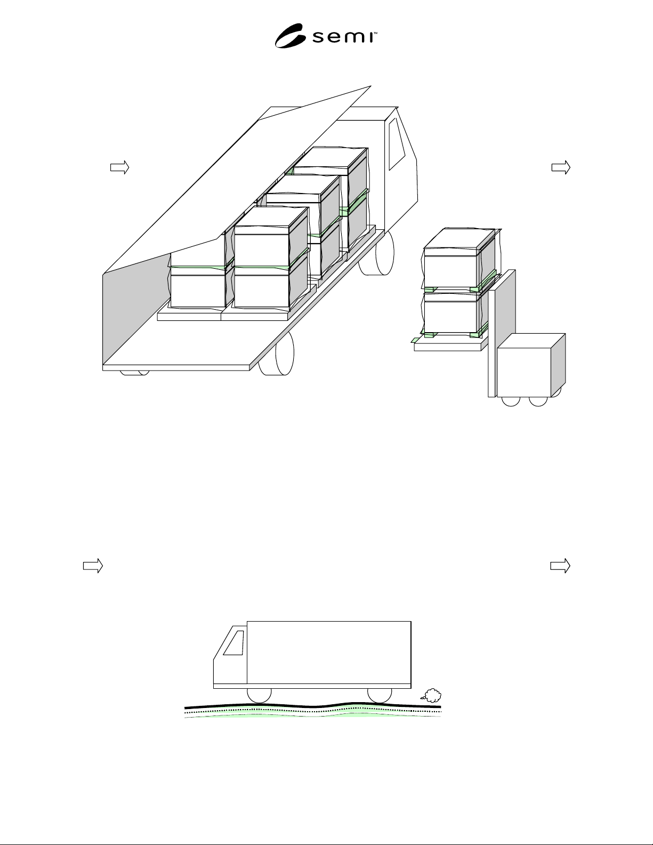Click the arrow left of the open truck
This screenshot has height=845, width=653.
coord(120,167)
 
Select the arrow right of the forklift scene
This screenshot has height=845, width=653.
coord(561,167)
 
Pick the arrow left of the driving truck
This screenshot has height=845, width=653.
coord(93,566)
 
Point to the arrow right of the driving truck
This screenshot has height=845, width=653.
coord(560,566)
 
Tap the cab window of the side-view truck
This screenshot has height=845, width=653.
coord(234,643)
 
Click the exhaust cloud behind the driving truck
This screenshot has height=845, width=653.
coord(431,695)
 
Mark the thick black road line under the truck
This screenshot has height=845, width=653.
coord(312,705)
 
